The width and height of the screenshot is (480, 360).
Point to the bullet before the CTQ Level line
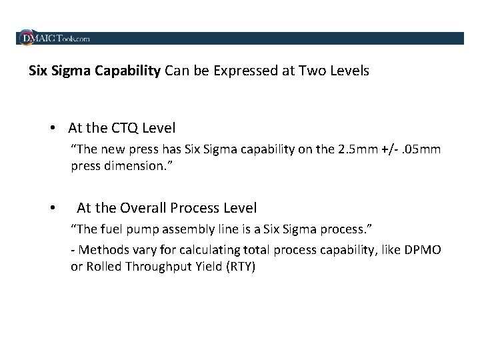pos(52,127)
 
